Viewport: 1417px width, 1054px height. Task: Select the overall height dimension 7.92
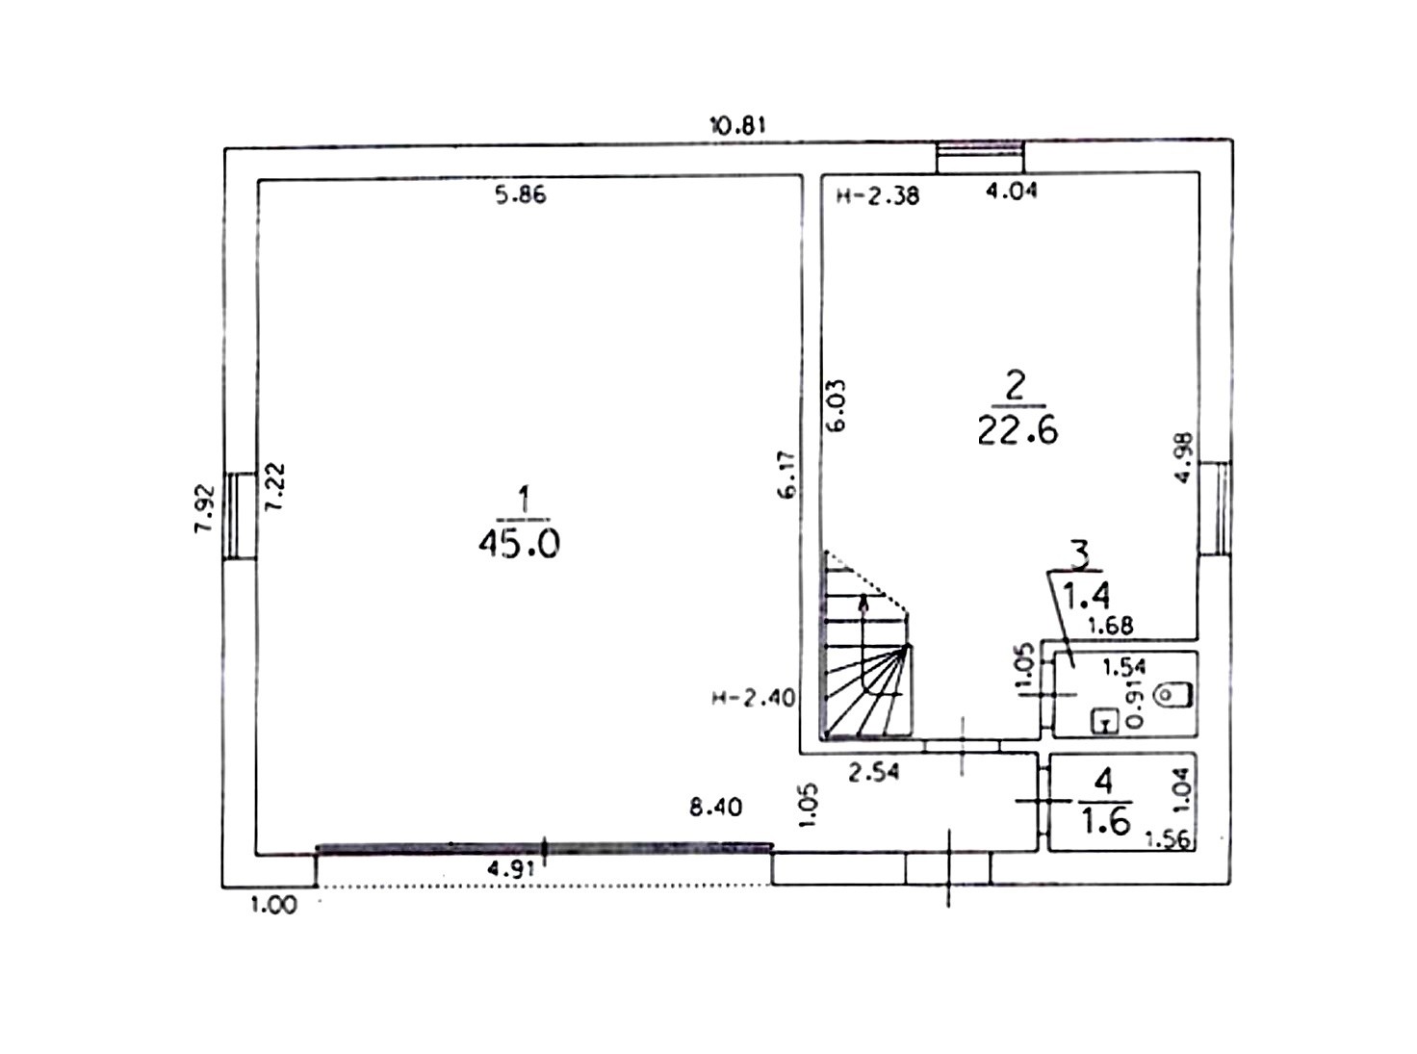(205, 508)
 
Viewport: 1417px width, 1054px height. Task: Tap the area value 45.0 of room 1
(519, 545)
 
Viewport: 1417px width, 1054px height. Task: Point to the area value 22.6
(1018, 430)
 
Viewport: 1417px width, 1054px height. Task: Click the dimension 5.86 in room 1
(522, 194)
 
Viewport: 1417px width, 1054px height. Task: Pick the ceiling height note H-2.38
(878, 196)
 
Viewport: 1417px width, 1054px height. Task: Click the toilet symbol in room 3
(1174, 694)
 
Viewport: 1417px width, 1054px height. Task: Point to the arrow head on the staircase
(864, 600)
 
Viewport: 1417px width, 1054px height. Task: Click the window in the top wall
(980, 157)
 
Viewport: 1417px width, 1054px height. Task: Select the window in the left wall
(242, 516)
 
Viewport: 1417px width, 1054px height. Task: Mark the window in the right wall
(1215, 507)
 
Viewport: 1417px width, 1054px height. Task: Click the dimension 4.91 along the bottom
(510, 870)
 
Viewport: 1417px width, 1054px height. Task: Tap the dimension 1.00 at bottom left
(273, 905)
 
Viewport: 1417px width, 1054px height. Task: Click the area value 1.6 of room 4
(1105, 822)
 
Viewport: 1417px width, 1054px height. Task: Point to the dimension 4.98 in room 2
(1184, 458)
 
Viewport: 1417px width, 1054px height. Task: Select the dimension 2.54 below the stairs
(873, 772)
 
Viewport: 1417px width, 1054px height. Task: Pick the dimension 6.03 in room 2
(837, 405)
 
